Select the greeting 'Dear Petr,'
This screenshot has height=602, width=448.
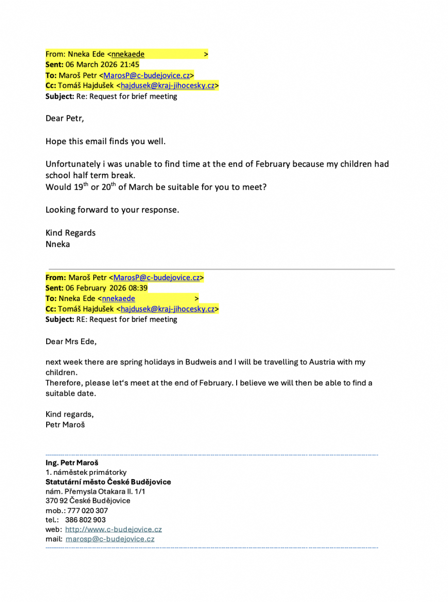point(65,118)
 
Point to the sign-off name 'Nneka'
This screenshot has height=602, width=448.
point(58,244)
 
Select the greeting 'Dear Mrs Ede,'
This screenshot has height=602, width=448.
point(71,341)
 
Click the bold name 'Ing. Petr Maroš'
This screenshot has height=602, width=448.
point(72,463)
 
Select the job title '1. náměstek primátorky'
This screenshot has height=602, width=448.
point(86,472)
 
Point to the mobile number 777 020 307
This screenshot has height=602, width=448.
point(87,511)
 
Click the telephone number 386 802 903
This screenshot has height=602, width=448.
point(85,520)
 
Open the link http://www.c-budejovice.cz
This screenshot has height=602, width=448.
point(113,530)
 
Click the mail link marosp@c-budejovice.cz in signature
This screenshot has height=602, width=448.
point(110,539)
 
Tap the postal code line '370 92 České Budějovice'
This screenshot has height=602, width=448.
point(88,501)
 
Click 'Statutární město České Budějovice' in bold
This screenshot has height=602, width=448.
point(108,482)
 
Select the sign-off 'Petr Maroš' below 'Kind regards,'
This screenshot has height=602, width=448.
point(65,425)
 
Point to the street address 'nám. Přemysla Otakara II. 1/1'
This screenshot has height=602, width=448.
point(95,491)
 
